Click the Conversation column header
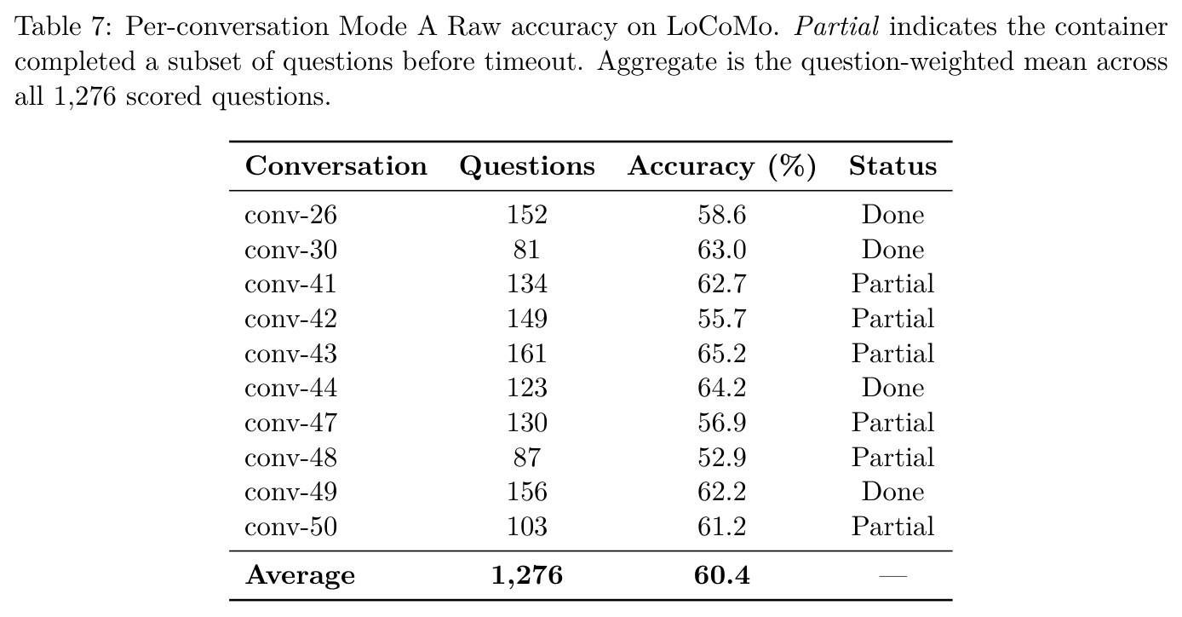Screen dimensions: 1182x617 [336, 166]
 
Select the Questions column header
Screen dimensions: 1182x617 [527, 167]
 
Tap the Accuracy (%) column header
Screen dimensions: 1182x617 [722, 167]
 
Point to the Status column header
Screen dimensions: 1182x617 [892, 166]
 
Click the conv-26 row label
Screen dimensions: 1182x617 [290, 215]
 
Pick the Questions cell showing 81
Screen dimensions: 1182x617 [526, 250]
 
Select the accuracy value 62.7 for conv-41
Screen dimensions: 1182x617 [722, 284]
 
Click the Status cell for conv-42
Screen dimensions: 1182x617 [892, 319]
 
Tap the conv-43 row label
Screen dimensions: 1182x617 [290, 354]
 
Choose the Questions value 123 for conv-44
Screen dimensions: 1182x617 [527, 388]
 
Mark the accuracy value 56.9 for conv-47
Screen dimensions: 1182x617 [722, 423]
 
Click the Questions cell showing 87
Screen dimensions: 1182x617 [526, 458]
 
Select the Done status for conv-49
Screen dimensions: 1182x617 [892, 492]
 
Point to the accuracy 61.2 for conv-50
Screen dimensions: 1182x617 [722, 527]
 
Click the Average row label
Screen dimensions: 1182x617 [301, 575]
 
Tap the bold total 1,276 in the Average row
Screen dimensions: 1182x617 [527, 575]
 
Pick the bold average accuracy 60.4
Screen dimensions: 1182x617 [722, 574]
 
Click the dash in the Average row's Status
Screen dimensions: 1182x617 [892, 576]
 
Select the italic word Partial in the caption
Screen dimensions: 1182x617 [836, 26]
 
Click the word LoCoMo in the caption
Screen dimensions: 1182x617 [723, 26]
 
